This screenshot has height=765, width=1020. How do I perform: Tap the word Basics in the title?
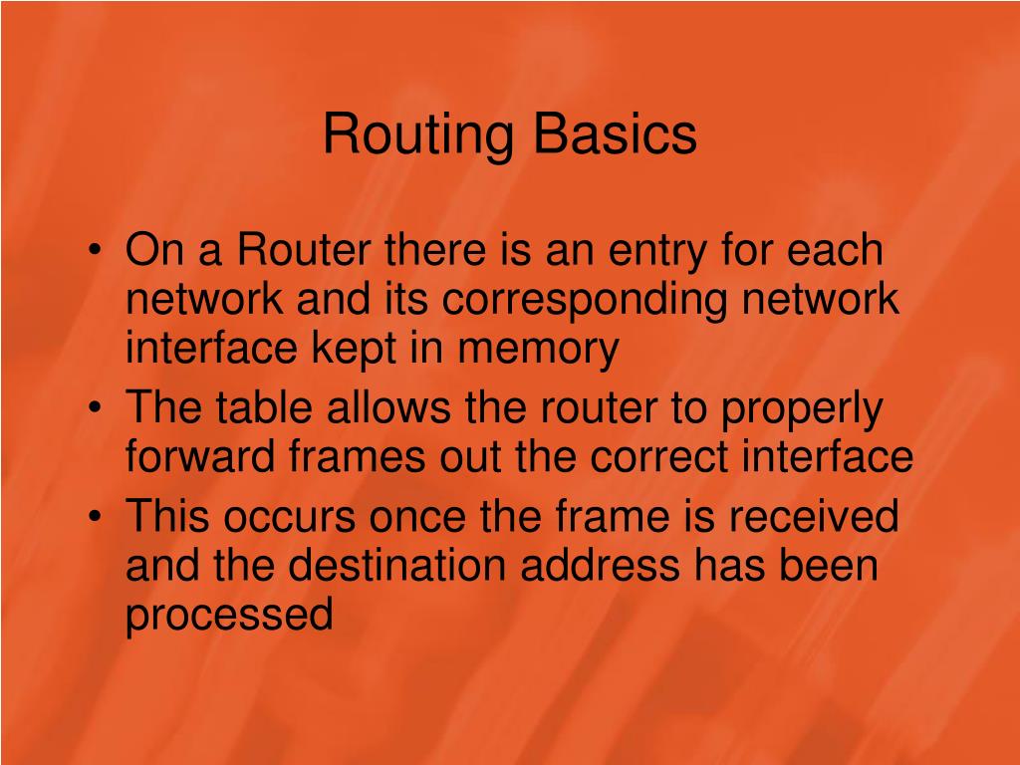coord(615,134)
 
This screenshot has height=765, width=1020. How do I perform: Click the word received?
coord(815,517)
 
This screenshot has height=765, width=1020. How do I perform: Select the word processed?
coord(229,617)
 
